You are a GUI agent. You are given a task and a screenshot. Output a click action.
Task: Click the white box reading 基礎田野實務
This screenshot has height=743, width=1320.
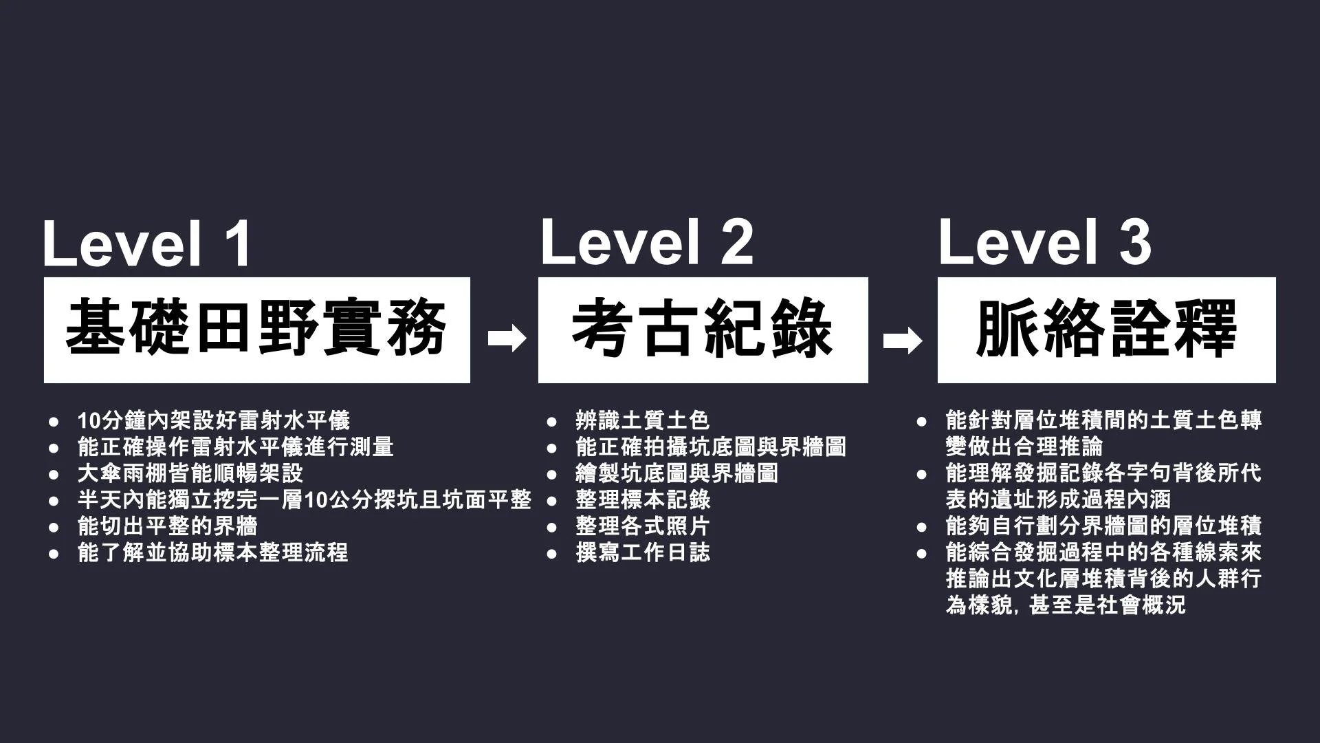256,330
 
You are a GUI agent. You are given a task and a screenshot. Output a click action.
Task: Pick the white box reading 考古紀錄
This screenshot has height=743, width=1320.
703,330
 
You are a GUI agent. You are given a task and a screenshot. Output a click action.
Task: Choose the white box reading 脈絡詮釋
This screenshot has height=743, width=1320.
1106,330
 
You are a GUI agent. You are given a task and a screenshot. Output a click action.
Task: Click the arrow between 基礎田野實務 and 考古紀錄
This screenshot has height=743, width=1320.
507,338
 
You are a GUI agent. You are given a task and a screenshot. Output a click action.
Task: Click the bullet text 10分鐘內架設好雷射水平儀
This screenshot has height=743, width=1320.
214,420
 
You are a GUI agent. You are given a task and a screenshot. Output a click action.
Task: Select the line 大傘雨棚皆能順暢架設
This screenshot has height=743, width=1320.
190,473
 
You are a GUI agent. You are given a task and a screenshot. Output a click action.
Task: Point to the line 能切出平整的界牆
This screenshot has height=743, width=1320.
168,526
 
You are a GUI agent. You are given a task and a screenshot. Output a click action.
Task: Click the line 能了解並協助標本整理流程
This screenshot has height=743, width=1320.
213,552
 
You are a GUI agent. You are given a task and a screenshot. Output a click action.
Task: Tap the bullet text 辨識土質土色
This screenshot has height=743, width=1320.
642,420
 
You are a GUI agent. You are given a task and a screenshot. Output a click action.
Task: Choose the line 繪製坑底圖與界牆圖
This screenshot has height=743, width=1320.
676,473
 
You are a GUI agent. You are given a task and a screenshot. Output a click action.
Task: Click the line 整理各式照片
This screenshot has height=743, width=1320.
642,526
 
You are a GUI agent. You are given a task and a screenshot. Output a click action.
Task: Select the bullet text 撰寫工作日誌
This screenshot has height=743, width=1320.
642,552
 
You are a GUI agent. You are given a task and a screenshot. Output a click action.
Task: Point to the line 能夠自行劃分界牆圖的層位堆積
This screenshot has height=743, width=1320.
1103,526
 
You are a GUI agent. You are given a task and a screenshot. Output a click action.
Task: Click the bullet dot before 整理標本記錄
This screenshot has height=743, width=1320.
551,500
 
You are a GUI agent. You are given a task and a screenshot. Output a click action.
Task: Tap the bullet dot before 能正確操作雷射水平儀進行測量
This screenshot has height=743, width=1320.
54,447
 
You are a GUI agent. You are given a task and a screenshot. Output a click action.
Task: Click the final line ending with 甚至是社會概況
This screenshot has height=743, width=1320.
1066,605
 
